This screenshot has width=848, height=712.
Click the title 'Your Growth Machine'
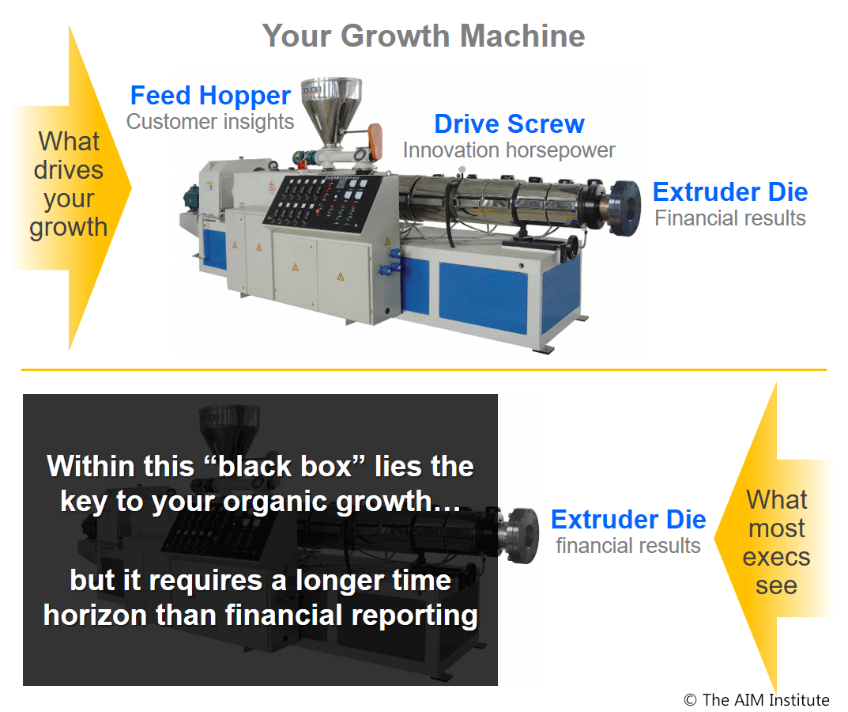(424, 36)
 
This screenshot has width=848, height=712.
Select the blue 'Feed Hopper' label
(210, 96)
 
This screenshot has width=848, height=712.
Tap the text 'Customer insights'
(210, 122)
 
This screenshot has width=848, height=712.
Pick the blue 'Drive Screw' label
(510, 124)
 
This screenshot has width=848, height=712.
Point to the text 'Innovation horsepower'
(509, 150)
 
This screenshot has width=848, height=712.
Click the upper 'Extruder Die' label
(730, 192)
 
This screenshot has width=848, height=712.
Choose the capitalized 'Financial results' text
(730, 218)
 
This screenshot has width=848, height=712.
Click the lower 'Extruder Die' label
(628, 520)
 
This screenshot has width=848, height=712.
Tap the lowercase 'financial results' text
(628, 546)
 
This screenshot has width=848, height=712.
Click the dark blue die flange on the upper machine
(625, 208)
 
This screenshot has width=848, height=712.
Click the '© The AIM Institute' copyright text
(756, 700)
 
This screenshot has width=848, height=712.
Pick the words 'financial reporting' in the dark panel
(352, 615)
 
